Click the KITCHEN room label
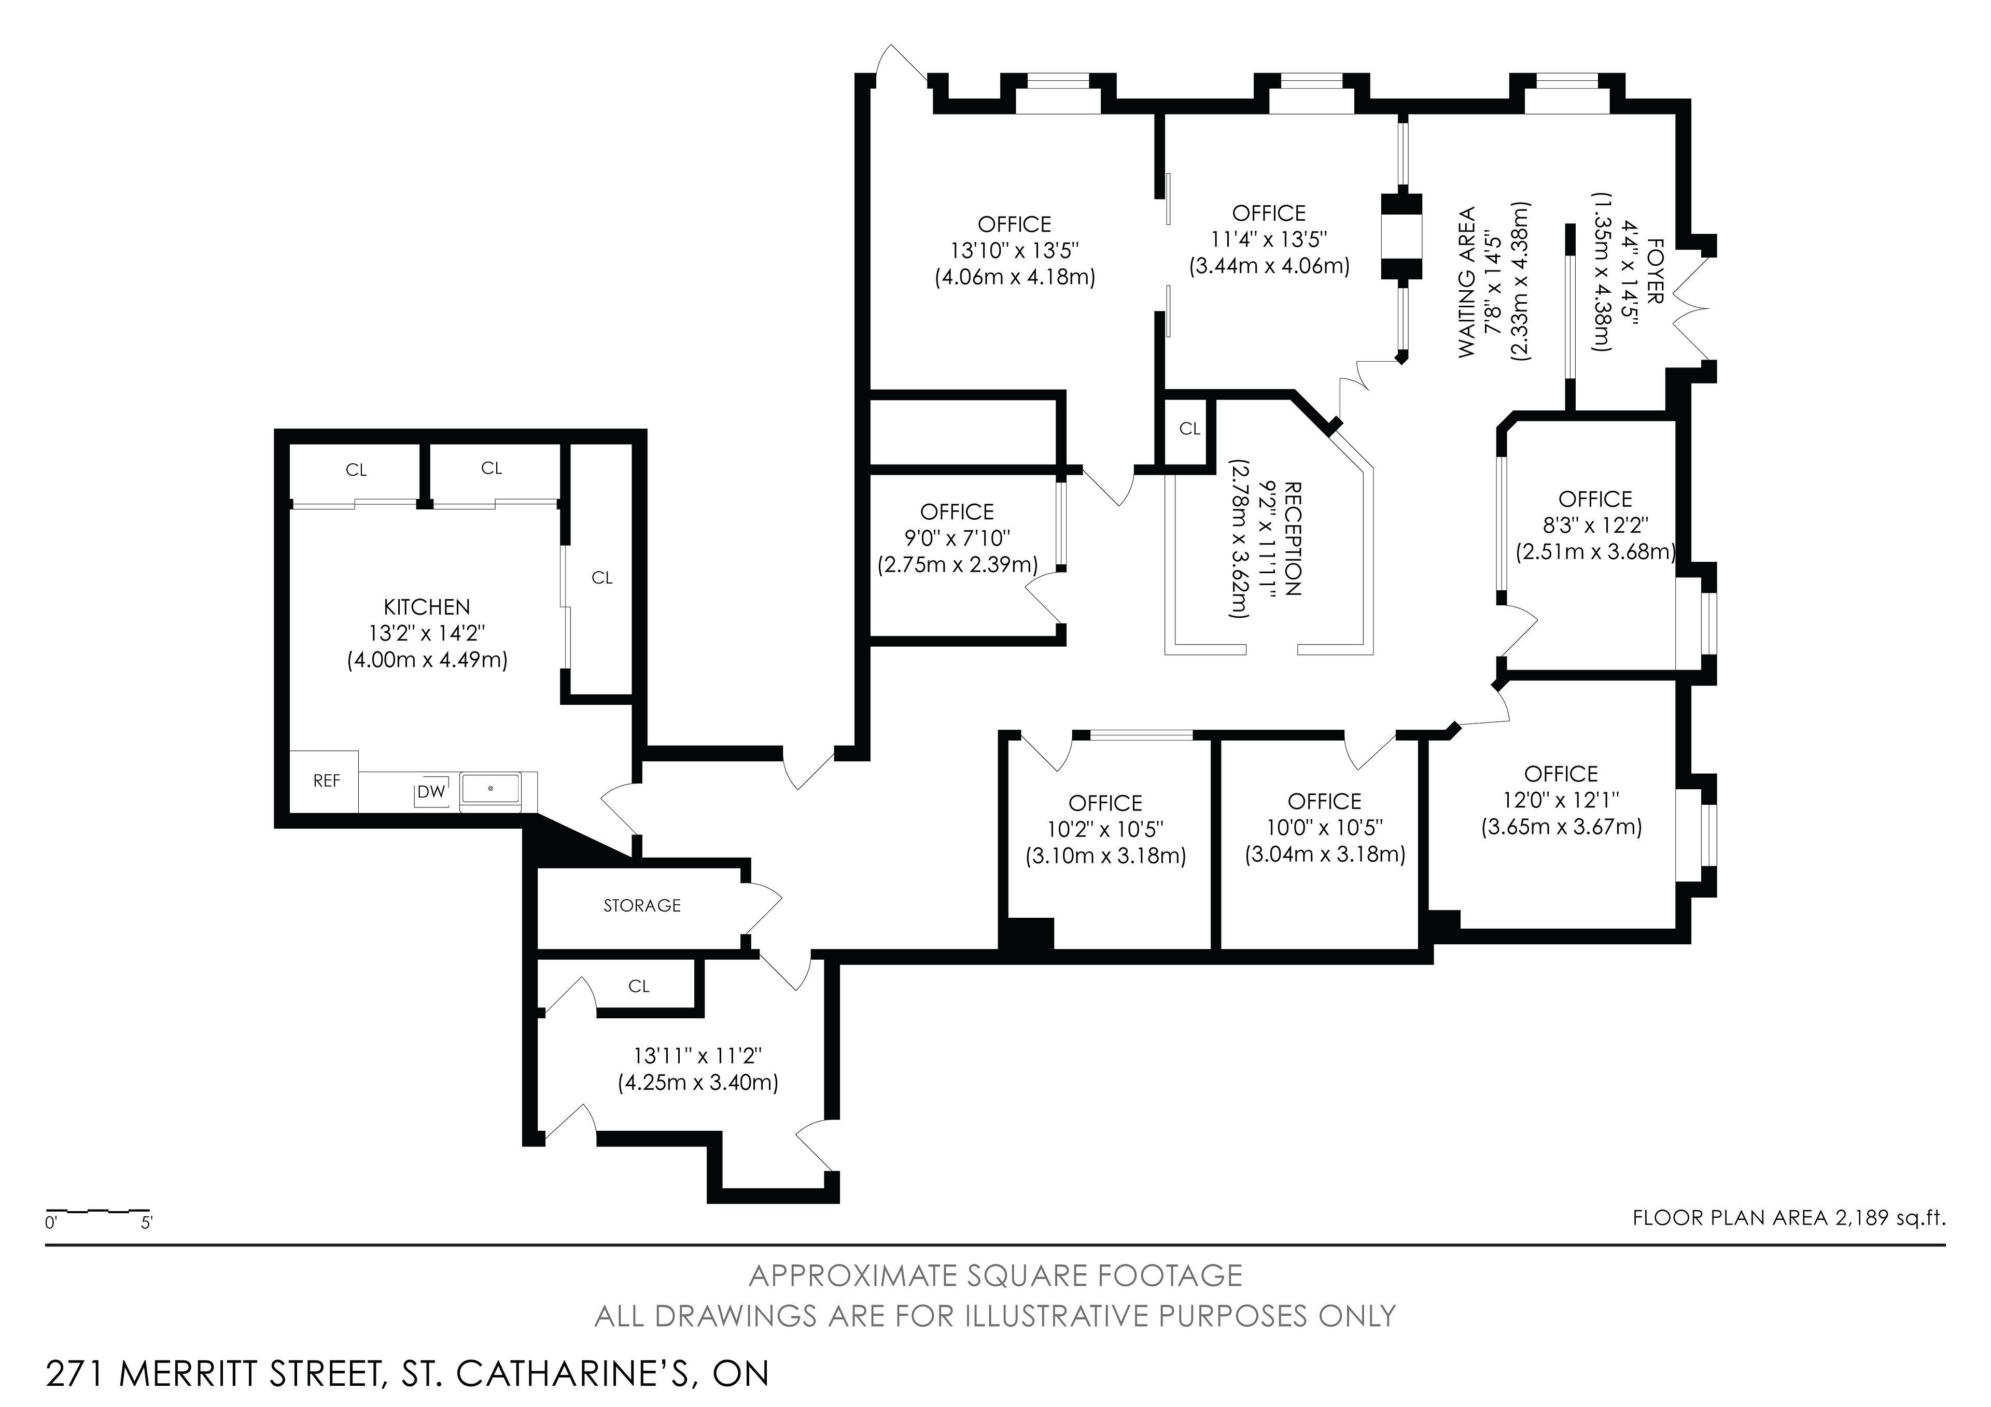(427, 607)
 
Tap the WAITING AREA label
(1466, 282)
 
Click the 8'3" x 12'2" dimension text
(1595, 525)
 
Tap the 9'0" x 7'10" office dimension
(957, 538)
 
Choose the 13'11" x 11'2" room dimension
(698, 1056)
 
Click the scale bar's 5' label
(147, 1223)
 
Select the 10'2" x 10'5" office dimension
(1105, 830)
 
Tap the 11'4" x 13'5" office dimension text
(1270, 239)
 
